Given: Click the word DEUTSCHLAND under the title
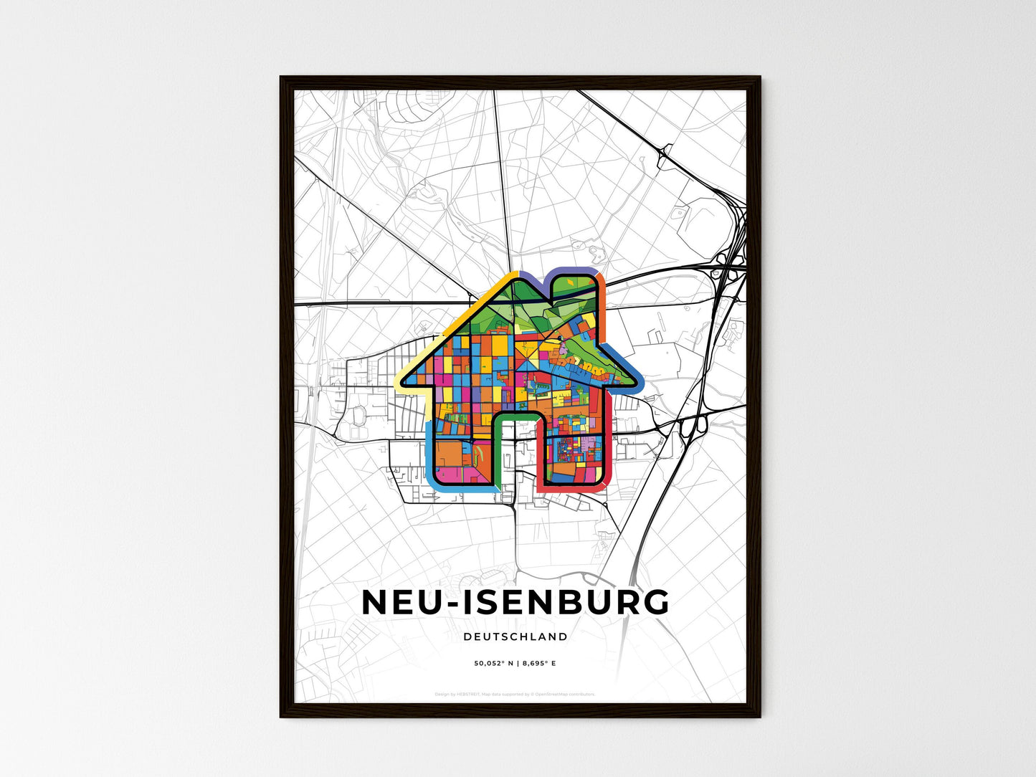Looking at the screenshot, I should [515, 637].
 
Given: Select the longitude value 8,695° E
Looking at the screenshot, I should [538, 664].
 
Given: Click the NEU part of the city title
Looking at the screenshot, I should [399, 603].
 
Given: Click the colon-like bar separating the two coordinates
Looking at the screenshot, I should [516, 664].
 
